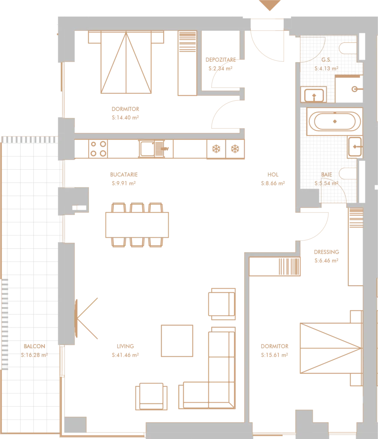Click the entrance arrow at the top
pyautogui.click(x=270, y=5)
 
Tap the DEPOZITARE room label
pyautogui.click(x=220, y=60)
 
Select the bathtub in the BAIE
pyautogui.click(x=335, y=121)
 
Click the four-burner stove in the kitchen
pyautogui.click(x=98, y=149)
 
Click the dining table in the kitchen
pyautogui.click(x=137, y=225)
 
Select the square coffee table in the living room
pyautogui.click(x=177, y=340)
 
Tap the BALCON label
pyautogui.click(x=34, y=346)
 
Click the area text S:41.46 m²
pyautogui.click(x=125, y=355)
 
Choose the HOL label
pyautogui.click(x=273, y=175)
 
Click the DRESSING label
pyautogui.click(x=327, y=252)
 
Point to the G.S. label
pyautogui.click(x=326, y=60)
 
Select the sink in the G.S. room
pyautogui.click(x=314, y=95)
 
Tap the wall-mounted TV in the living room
pyautogui.click(x=76, y=319)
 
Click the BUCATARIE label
pyautogui.click(x=124, y=175)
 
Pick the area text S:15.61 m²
pyautogui.click(x=274, y=355)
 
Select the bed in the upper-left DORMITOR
pyautogui.click(x=126, y=62)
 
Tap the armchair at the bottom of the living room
pyautogui.click(x=151, y=396)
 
